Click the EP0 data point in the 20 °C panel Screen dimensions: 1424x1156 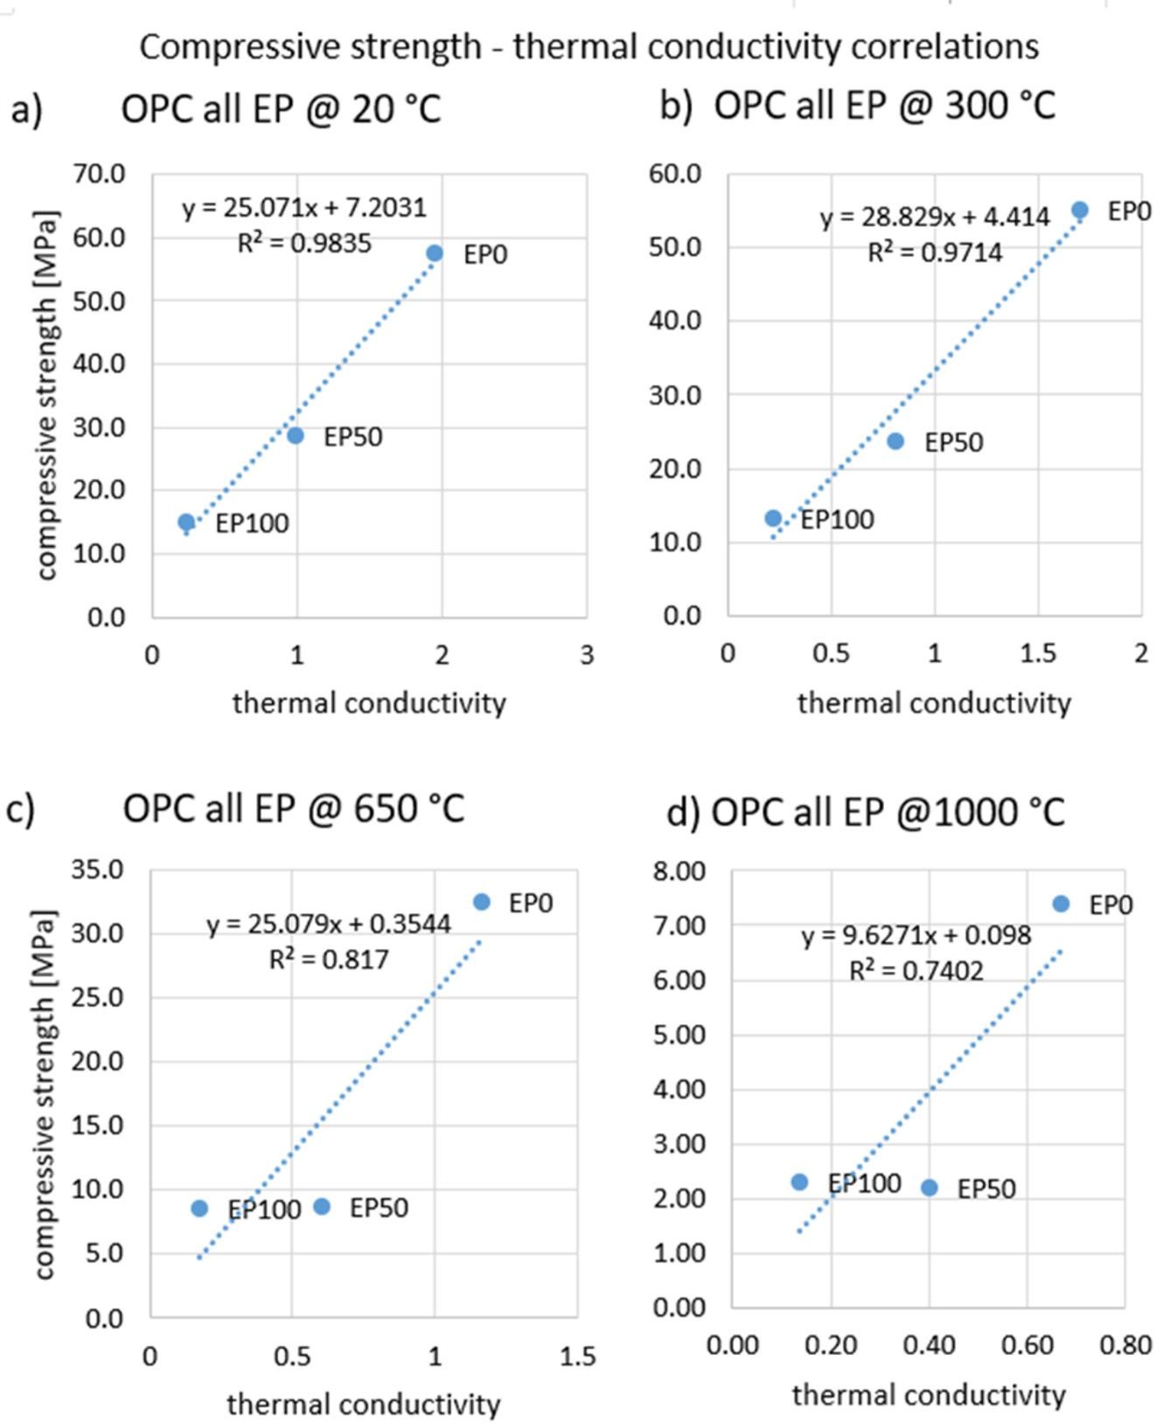coord(435,254)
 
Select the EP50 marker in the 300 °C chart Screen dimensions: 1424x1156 coord(895,441)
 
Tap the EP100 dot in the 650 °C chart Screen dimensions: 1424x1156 coord(199,1208)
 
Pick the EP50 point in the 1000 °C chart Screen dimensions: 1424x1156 coord(930,1188)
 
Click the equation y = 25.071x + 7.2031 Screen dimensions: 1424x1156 coord(304,208)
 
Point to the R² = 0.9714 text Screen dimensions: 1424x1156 coord(934,253)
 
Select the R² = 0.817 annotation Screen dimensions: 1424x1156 coord(329,960)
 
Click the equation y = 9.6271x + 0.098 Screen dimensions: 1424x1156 coord(916,936)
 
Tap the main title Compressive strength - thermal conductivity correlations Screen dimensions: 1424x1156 coord(588,45)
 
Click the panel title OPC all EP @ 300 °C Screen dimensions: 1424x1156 coord(884,106)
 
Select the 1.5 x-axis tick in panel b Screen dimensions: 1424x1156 coord(1037,654)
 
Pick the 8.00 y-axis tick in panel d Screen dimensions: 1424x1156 coord(679,871)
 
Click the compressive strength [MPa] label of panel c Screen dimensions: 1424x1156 coord(45,1094)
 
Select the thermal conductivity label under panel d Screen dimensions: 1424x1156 coord(929,1394)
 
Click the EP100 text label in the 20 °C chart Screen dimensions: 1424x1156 coord(252,524)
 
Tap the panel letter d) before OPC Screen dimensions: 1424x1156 coord(683,812)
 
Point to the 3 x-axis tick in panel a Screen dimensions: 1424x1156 coord(586,655)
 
